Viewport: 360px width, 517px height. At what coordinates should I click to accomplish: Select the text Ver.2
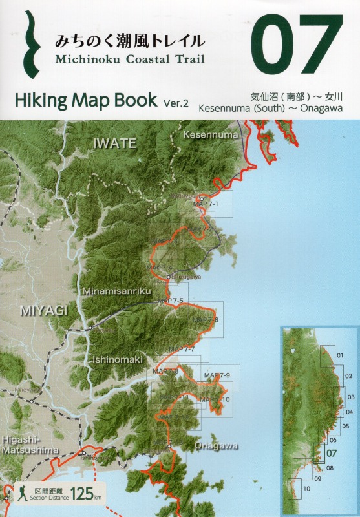[176, 102]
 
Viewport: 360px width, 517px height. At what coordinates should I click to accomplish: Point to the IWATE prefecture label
[115, 143]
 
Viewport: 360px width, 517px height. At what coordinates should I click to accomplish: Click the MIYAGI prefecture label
[44, 311]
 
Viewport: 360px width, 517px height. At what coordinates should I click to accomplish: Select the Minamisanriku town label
[116, 291]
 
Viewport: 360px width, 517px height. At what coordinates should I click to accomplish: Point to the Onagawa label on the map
[216, 446]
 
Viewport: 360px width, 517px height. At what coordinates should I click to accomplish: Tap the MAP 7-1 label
[206, 204]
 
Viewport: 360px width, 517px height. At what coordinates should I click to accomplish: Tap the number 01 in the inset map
[340, 355]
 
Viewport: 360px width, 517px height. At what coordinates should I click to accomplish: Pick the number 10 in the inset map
[306, 489]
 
